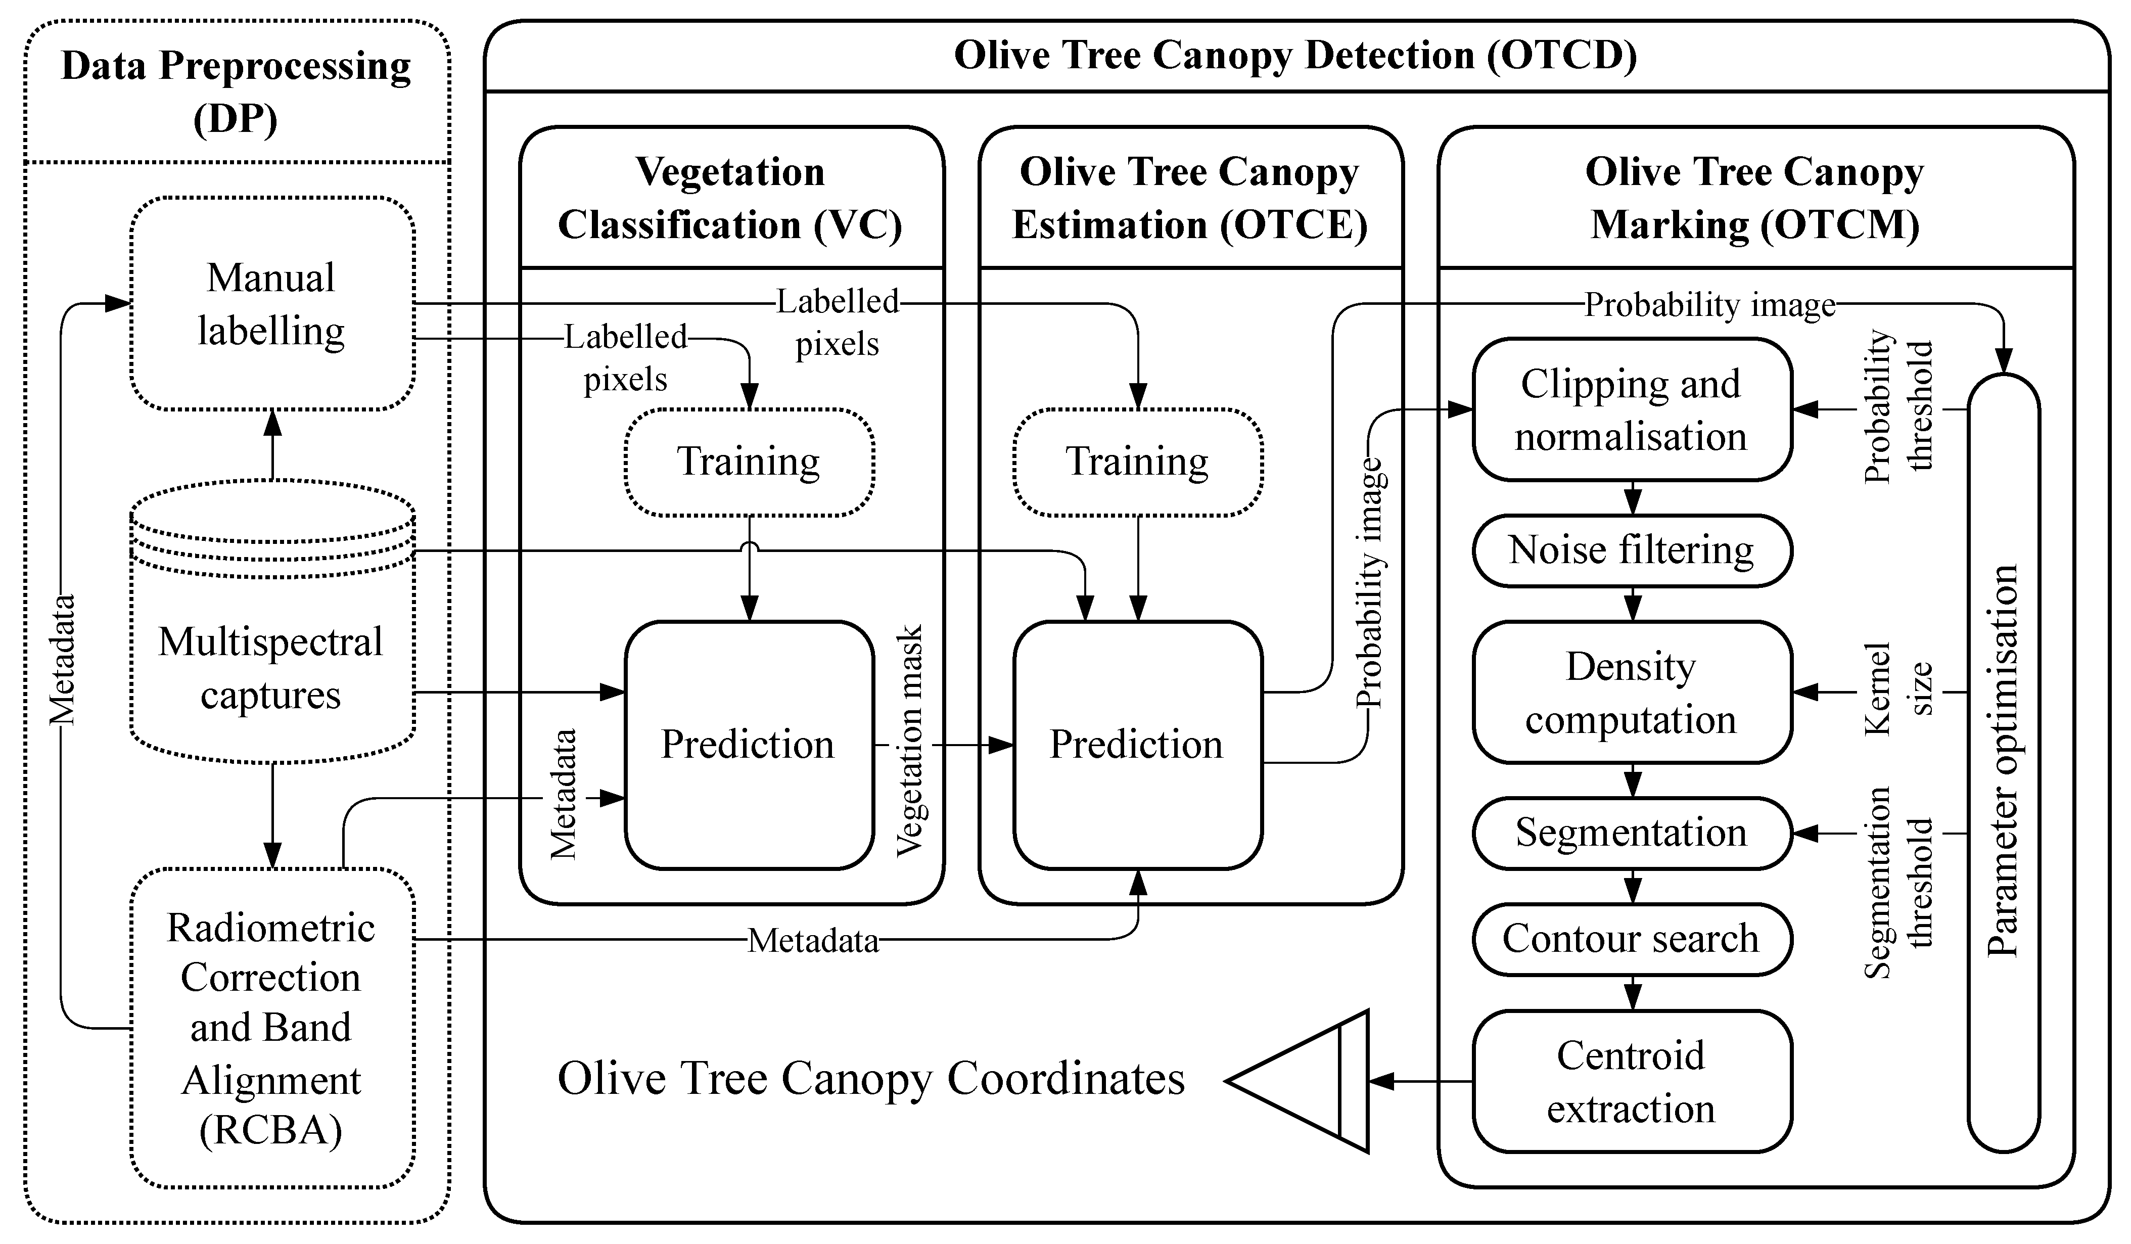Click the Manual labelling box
[271, 304]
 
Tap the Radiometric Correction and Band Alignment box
[271, 1028]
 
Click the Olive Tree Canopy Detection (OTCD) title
[1295, 56]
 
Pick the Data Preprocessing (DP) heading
[236, 91]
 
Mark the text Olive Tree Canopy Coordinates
[871, 1080]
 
